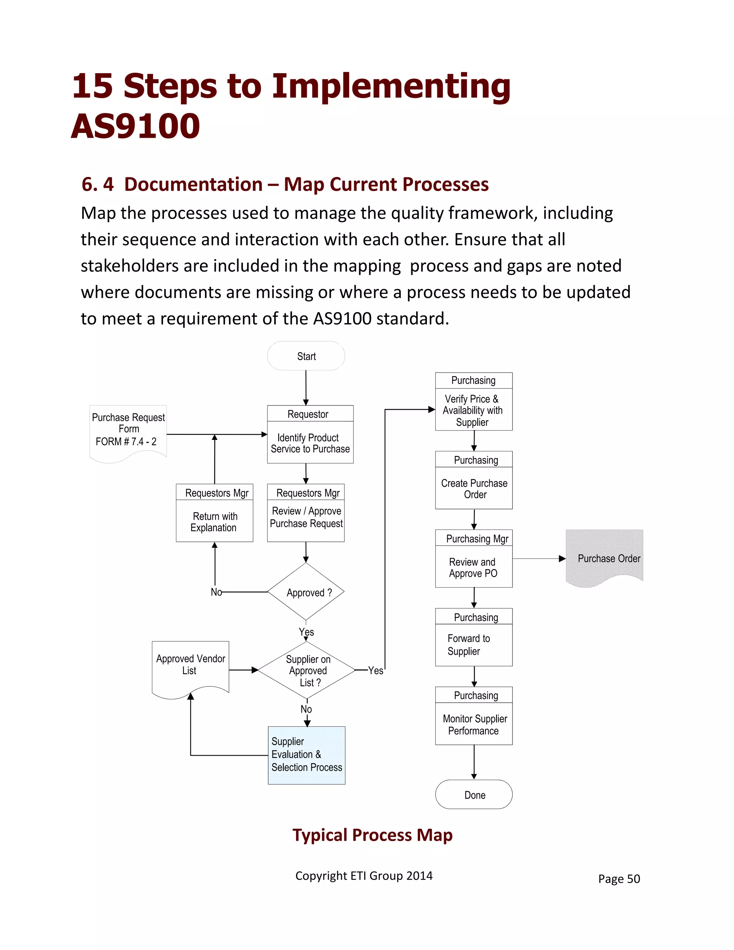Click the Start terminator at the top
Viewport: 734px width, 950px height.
306,356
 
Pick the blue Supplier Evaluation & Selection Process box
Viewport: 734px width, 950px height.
306,755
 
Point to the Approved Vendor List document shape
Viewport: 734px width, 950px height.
190,665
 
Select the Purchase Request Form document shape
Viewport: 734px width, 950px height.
128,430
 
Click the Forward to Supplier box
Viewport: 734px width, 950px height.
473,645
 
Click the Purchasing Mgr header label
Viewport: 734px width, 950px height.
477,538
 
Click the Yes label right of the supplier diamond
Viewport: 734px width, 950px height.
375,670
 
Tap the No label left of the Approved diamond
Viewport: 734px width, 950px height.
216,592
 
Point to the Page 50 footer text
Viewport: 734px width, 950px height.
618,879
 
